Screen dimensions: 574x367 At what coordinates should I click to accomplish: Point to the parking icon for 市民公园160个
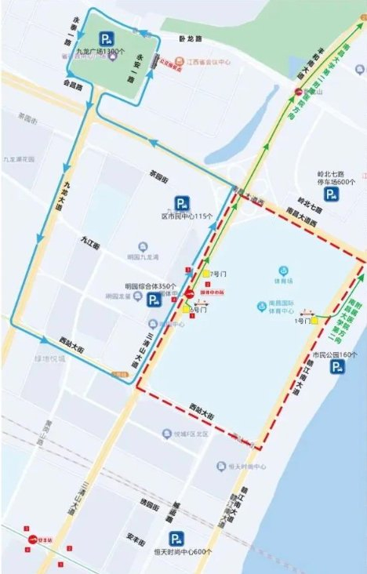pyautogui.click(x=337, y=366)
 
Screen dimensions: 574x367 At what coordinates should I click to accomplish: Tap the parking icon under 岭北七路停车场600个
pyautogui.click(x=332, y=194)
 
